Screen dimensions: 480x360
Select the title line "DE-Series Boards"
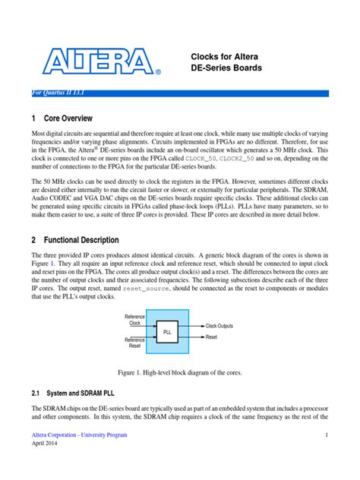tap(226, 69)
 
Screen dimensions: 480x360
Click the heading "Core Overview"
tap(68, 118)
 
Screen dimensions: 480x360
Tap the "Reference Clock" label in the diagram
tap(134, 319)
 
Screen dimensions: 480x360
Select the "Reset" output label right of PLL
tap(211, 336)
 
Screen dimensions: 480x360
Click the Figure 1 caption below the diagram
tap(179, 373)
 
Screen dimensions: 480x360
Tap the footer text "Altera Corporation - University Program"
tap(79, 435)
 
